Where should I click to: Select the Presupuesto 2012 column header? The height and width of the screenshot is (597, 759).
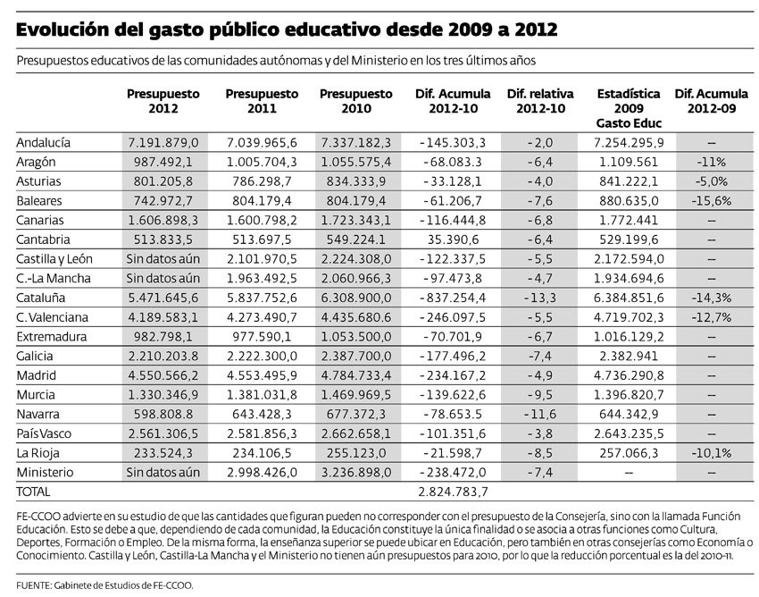(163, 100)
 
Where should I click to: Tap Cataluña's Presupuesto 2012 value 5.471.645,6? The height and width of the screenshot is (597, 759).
(163, 297)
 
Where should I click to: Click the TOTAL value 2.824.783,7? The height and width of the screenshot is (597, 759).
(453, 492)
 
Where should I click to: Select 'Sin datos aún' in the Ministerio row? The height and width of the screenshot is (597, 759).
(163, 472)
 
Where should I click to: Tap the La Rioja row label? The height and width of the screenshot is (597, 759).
(36, 452)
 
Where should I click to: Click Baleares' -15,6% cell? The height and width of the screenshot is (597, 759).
(711, 201)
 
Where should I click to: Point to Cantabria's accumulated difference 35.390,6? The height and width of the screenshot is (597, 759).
(453, 240)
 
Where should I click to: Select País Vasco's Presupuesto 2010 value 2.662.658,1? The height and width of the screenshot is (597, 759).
(354, 433)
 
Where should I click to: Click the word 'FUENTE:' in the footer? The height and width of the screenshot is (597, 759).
(36, 585)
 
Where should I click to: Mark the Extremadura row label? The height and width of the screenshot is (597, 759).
(51, 337)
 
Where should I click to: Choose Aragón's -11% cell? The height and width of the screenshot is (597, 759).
(711, 162)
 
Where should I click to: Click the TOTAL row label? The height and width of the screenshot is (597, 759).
(34, 492)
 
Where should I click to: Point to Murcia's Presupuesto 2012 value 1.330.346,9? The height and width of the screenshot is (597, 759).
(163, 394)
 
